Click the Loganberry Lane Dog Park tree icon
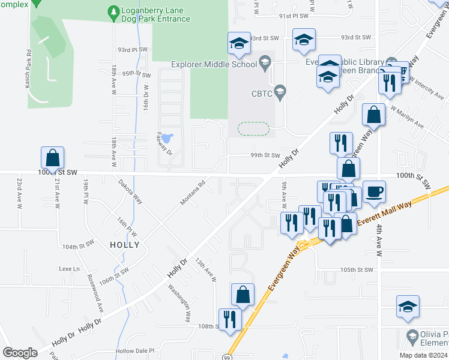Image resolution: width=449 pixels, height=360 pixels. tap(113, 12)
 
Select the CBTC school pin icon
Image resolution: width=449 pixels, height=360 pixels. tap(279, 92)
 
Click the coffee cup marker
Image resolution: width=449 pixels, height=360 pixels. tap(374, 192)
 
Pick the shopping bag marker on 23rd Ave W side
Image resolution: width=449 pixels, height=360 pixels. tap(53, 158)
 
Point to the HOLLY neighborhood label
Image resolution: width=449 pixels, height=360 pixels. tap(125, 245)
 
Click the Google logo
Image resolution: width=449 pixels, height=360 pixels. tap(20, 353)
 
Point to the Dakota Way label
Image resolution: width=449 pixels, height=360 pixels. tap(130, 191)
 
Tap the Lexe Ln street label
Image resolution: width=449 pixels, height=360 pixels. tap(69, 268)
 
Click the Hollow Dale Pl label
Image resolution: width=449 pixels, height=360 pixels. tap(135, 350)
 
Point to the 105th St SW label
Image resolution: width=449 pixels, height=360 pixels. tap(357, 270)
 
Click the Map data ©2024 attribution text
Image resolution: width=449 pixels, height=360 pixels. tap(422, 355)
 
